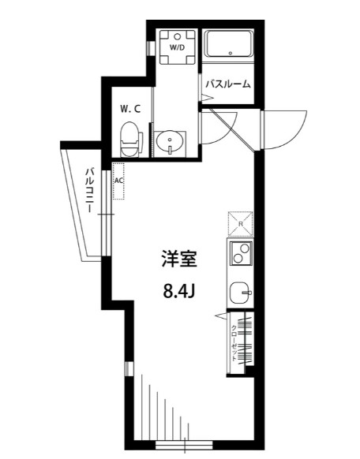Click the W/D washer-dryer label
pos(174,47)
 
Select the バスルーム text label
pos(228,82)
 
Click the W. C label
pos(130,109)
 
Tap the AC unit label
pos(119,180)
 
